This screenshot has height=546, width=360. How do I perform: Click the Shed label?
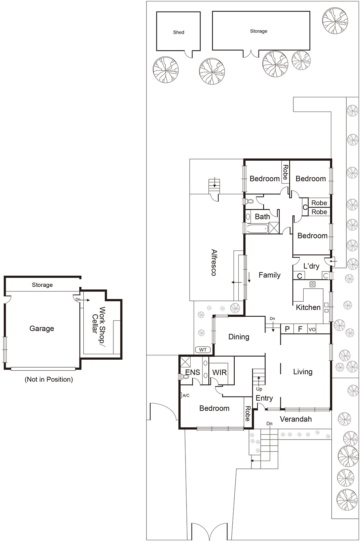click(x=178, y=32)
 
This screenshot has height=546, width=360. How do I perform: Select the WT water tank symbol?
click(x=203, y=350)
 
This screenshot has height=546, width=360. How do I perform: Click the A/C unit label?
click(x=186, y=396)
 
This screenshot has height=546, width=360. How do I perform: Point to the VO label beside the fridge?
click(x=312, y=329)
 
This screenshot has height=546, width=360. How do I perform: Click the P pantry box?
click(x=287, y=329)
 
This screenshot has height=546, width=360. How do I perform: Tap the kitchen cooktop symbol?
click(x=312, y=284)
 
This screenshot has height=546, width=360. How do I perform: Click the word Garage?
click(x=42, y=329)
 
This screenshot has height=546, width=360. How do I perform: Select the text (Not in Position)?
click(x=49, y=379)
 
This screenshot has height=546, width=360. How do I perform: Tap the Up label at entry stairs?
click(x=259, y=389)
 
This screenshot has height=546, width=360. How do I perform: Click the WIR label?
click(x=219, y=372)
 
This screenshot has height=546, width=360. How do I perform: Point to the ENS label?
click(x=192, y=372)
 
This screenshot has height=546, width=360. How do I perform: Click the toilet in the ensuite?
click(x=184, y=377)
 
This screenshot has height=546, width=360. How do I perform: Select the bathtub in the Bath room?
click(x=257, y=229)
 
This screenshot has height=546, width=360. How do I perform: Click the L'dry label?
click(x=311, y=266)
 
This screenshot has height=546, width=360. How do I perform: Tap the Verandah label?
click(x=295, y=419)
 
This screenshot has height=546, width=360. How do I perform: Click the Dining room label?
click(x=239, y=337)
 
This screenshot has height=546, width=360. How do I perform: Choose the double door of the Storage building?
click(x=251, y=54)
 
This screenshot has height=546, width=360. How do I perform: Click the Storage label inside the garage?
click(x=42, y=285)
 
